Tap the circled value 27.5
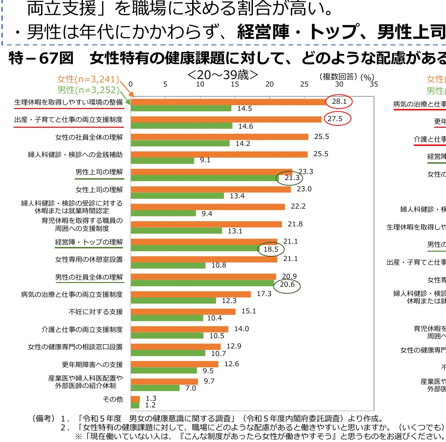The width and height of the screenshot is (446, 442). [x=335, y=119]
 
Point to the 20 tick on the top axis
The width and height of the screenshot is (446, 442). [x=269, y=84]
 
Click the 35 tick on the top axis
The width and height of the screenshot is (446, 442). [x=373, y=84]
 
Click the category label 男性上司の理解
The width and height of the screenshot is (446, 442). [x=99, y=172]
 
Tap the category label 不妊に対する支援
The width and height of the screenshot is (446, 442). [x=95, y=312]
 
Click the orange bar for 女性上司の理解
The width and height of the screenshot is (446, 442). [x=211, y=189]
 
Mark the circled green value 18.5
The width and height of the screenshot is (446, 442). [x=271, y=249]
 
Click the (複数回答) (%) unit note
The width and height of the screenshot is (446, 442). [x=346, y=76]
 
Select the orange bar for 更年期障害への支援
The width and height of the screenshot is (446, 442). [x=174, y=364]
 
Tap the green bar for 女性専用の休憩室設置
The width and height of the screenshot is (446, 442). [x=168, y=266]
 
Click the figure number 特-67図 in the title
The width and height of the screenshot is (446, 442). [x=41, y=58]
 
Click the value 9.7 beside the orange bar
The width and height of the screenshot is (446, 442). [x=209, y=381]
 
